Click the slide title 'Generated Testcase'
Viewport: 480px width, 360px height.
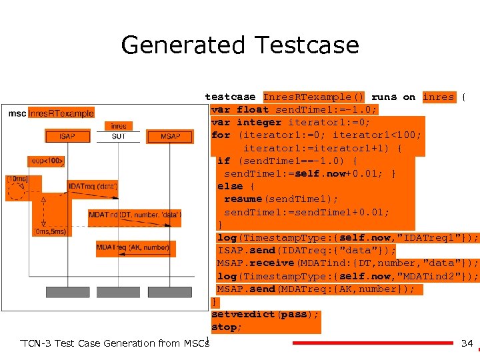coord(240,45)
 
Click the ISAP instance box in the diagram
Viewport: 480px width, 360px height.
coord(67,137)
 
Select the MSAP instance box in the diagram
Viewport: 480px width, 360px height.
coord(170,137)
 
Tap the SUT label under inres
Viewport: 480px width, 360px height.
coord(118,137)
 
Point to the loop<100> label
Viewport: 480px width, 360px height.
coord(46,161)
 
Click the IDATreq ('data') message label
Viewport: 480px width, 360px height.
coord(93,186)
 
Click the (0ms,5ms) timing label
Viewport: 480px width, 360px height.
coord(49,232)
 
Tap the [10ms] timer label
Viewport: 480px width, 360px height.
coord(17,179)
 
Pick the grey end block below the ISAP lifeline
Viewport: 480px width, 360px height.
coord(67,292)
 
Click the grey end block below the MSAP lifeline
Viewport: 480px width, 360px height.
coord(170,292)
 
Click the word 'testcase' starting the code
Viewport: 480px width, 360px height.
coord(230,97)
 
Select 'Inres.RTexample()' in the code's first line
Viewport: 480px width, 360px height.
coord(313,97)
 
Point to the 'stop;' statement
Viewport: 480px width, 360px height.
coord(227,327)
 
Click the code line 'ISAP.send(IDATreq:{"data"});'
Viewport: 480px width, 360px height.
coord(306,251)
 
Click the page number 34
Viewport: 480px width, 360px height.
coord(467,344)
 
